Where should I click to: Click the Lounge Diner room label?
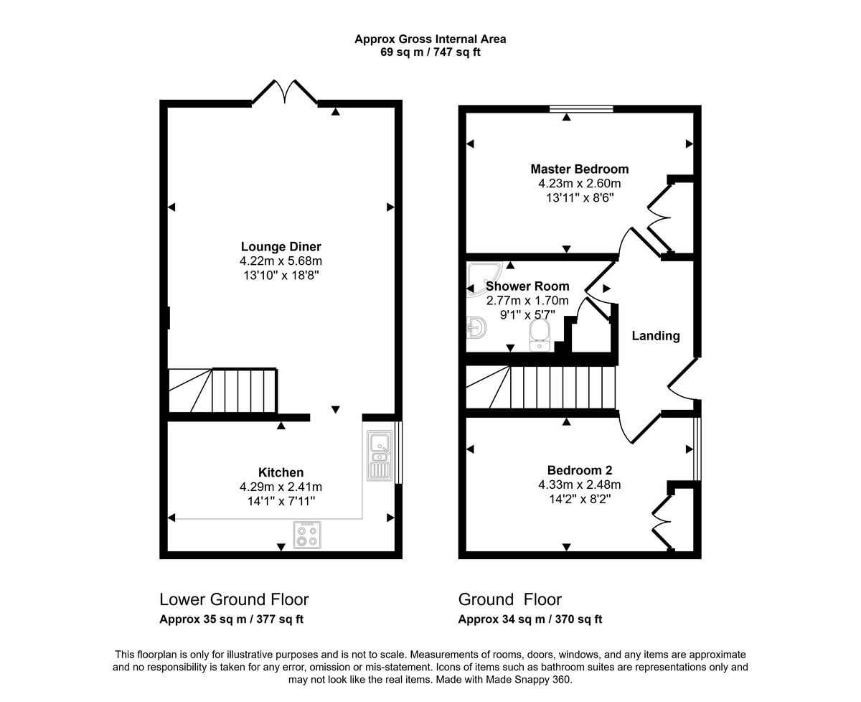click(x=281, y=247)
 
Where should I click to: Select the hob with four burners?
click(x=308, y=535)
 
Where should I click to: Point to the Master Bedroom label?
click(x=579, y=169)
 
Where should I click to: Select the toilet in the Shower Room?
click(x=539, y=334)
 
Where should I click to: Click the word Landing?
click(x=655, y=336)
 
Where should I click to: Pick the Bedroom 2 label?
click(x=579, y=470)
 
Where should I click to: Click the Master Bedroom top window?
click(x=581, y=109)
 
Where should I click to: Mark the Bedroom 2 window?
click(x=697, y=449)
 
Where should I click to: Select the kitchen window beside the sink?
click(x=399, y=453)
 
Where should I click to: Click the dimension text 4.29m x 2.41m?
click(x=281, y=487)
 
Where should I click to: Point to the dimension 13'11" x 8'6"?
click(x=579, y=197)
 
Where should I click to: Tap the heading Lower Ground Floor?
click(x=234, y=599)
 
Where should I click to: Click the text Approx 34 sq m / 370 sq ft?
click(x=530, y=619)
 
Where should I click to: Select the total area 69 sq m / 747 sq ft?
click(x=430, y=52)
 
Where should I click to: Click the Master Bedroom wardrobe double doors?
click(x=659, y=217)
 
